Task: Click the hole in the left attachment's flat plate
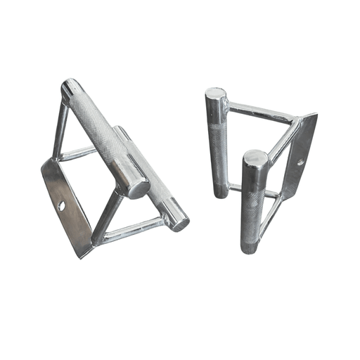pos(62,205)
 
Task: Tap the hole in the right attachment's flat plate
pos(301,162)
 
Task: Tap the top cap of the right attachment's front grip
pos(255,159)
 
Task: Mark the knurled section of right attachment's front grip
pos(253,204)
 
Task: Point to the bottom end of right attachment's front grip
pos(250,246)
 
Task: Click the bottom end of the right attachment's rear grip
pos(219,191)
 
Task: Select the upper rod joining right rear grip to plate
pos(260,112)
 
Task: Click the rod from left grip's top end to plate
pos(60,130)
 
